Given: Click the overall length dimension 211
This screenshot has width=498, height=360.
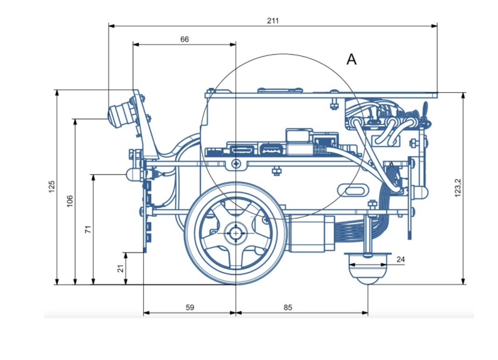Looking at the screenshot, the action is [273, 21].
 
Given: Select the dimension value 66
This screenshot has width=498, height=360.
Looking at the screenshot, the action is [185, 39].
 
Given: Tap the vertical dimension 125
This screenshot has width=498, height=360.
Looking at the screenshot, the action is [51, 187].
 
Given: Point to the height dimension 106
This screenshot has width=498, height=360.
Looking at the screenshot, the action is [70, 201].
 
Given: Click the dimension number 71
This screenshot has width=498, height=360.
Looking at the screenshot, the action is [88, 229].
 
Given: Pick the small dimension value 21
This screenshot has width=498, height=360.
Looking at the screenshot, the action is [121, 268].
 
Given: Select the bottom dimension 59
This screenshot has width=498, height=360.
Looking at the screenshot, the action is [190, 308].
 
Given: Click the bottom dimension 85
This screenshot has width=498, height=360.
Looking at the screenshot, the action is [288, 308].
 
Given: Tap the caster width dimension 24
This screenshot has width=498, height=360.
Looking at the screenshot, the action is [401, 259].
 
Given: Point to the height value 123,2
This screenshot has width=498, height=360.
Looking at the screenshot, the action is [458, 187].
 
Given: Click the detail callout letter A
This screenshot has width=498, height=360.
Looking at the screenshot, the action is [351, 60].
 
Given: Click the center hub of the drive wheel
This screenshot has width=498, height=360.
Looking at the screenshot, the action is [235, 233].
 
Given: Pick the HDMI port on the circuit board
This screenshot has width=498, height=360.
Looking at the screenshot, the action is [242, 149].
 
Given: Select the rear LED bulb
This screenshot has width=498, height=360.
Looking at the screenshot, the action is [420, 192].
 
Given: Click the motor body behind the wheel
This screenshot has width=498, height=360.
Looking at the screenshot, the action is [310, 234].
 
